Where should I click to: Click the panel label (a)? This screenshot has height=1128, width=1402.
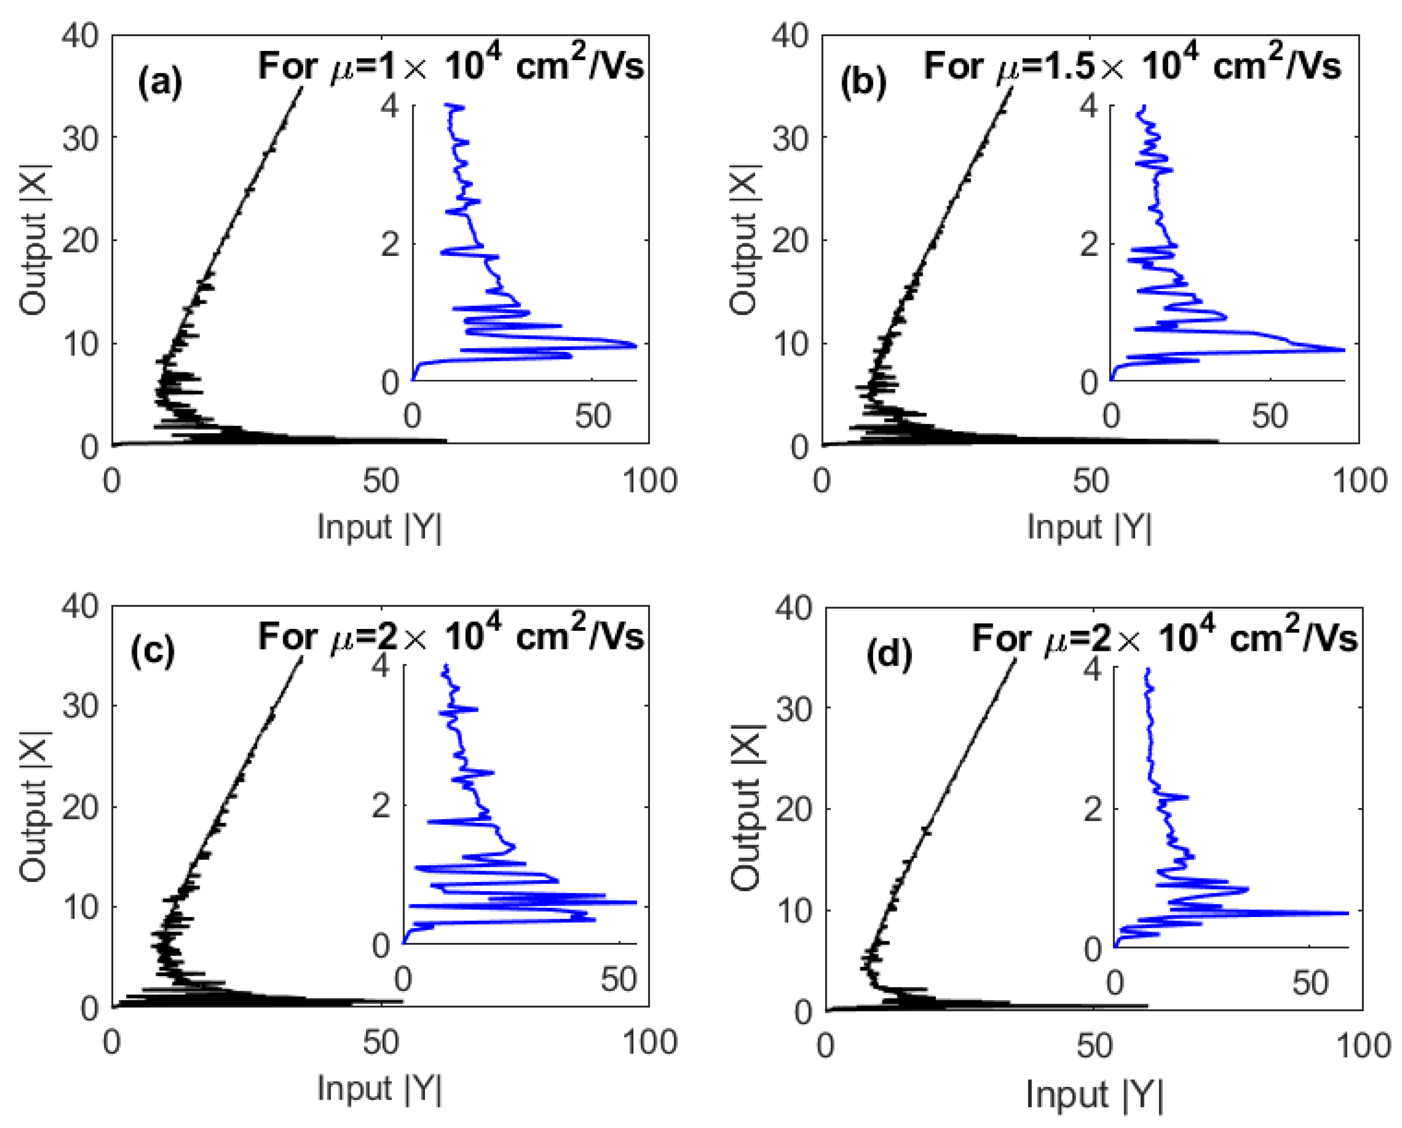click(x=160, y=83)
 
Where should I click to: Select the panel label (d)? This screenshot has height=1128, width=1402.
click(x=889, y=654)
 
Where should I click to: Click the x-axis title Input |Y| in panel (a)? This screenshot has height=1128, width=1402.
click(x=380, y=527)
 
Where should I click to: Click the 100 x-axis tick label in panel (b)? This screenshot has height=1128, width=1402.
click(x=1360, y=482)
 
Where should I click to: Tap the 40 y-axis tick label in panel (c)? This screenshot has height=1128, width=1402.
click(x=81, y=606)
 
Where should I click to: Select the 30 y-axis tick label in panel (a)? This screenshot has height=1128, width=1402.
click(x=81, y=138)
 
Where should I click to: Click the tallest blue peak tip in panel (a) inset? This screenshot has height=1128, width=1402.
click(x=635, y=345)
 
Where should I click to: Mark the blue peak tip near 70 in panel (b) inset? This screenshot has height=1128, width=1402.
click(x=1343, y=350)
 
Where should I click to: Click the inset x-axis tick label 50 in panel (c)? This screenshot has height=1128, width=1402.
click(x=618, y=979)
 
